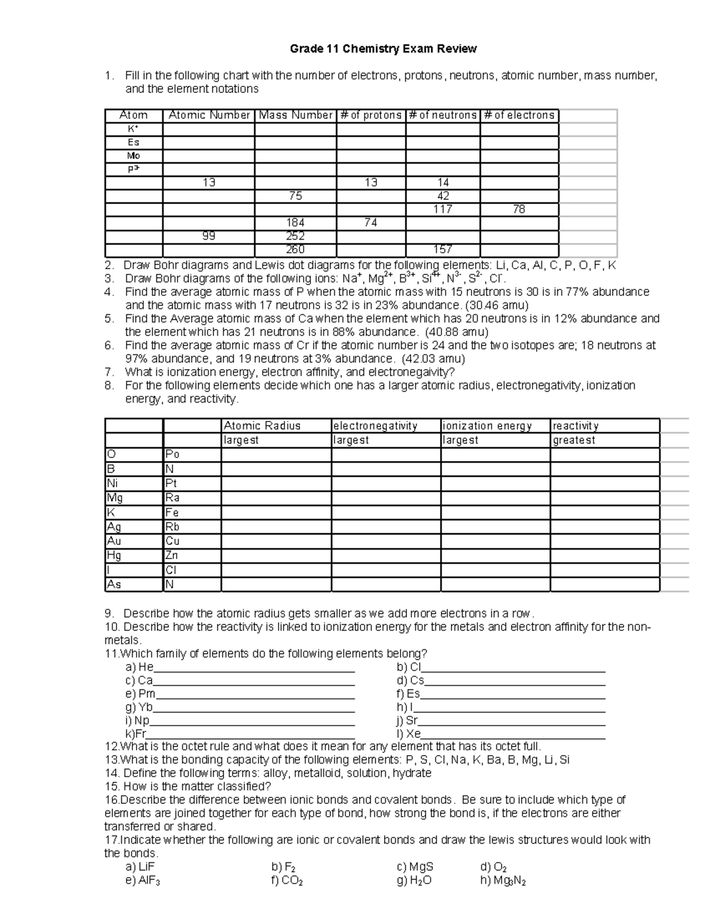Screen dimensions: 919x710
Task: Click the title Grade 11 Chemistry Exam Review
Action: pyautogui.click(x=383, y=49)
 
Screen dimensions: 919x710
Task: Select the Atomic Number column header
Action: pyautogui.click(x=209, y=115)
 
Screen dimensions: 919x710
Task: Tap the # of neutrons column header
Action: pyautogui.click(x=443, y=115)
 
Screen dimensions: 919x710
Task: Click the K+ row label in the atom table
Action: pyautogui.click(x=133, y=129)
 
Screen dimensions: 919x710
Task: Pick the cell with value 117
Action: pyautogui.click(x=443, y=209)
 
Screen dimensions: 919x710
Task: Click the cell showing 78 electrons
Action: pyautogui.click(x=519, y=209)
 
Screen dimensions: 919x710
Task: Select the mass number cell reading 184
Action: pyautogui.click(x=295, y=223)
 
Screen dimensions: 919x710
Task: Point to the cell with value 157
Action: pyautogui.click(x=443, y=250)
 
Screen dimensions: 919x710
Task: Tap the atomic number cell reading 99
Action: pyautogui.click(x=209, y=236)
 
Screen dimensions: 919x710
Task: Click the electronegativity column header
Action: pyautogui.click(x=376, y=426)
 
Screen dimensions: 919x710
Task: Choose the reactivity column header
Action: pyautogui.click(x=576, y=426)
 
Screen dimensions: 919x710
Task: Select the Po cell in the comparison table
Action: pyautogui.click(x=173, y=454)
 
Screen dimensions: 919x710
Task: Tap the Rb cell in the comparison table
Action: pyautogui.click(x=173, y=527)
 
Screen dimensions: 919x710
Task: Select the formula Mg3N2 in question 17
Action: pyautogui.click(x=504, y=881)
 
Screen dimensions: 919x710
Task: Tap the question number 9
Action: pyautogui.click(x=111, y=614)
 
